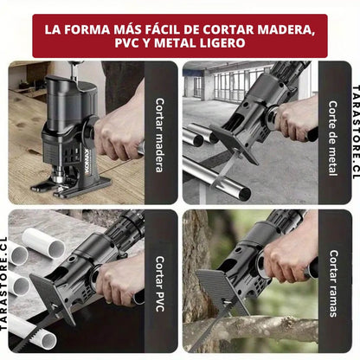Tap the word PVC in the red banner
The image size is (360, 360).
[126, 43]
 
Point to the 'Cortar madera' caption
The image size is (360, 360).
[159, 135]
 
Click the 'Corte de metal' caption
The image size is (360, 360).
[333, 138]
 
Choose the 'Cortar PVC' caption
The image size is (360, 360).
[159, 284]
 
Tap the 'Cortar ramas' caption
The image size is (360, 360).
[333, 284]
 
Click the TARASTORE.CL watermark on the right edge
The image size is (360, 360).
[356, 132]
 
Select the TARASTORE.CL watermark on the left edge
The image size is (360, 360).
[3, 284]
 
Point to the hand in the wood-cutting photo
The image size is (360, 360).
[118, 128]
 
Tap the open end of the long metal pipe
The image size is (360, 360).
[244, 194]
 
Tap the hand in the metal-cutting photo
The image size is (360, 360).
[295, 119]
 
